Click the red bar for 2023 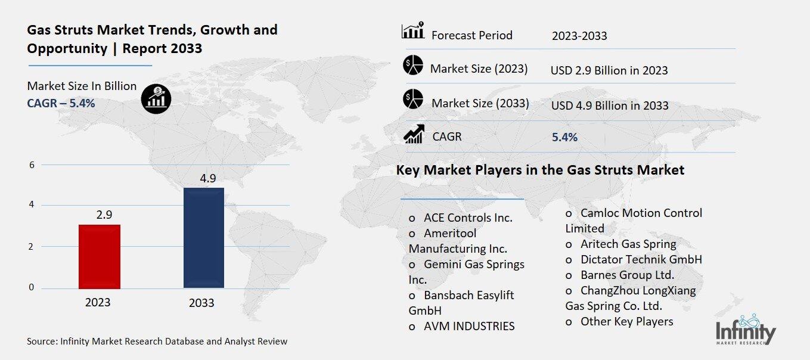coord(100,256)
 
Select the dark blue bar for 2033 coord(203,238)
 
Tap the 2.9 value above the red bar coord(104,215)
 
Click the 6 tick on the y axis coord(32,165)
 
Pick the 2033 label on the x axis coord(201,303)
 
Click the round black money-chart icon coord(156,98)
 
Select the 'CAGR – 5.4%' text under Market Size coord(61,103)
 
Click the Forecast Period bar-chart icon coord(412,30)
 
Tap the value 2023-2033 coord(579,36)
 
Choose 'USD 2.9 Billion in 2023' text coord(609,70)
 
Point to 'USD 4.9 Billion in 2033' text coord(610,105)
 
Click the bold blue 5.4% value coord(564,137)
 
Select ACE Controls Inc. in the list coord(467,218)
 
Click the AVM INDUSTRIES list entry coord(468,326)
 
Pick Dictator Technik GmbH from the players coord(641,259)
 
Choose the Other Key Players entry coord(626,321)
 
